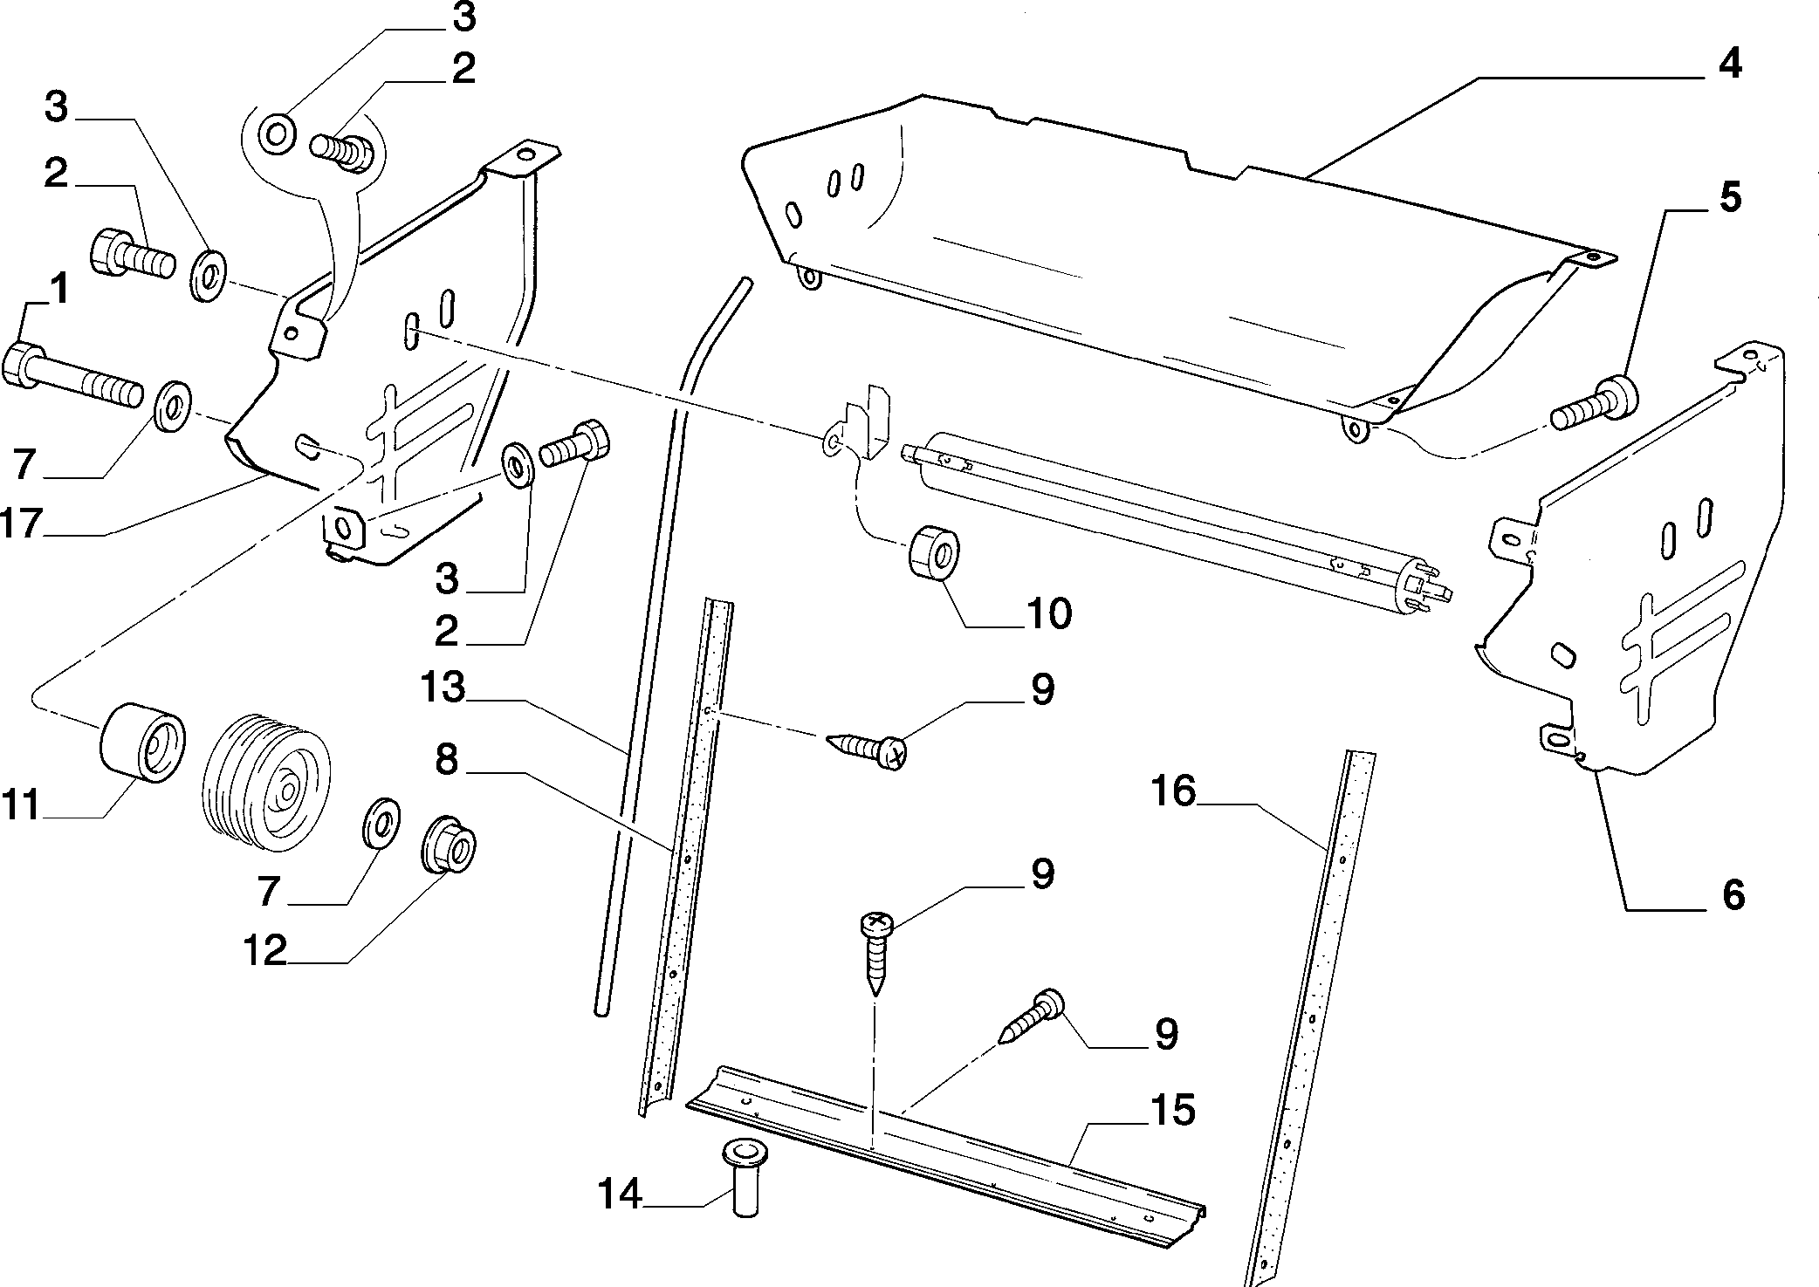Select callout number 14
coord(620,1194)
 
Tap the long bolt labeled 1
coord(73,375)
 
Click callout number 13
coord(443,688)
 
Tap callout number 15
coord(1172,1112)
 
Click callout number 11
coord(21,804)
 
